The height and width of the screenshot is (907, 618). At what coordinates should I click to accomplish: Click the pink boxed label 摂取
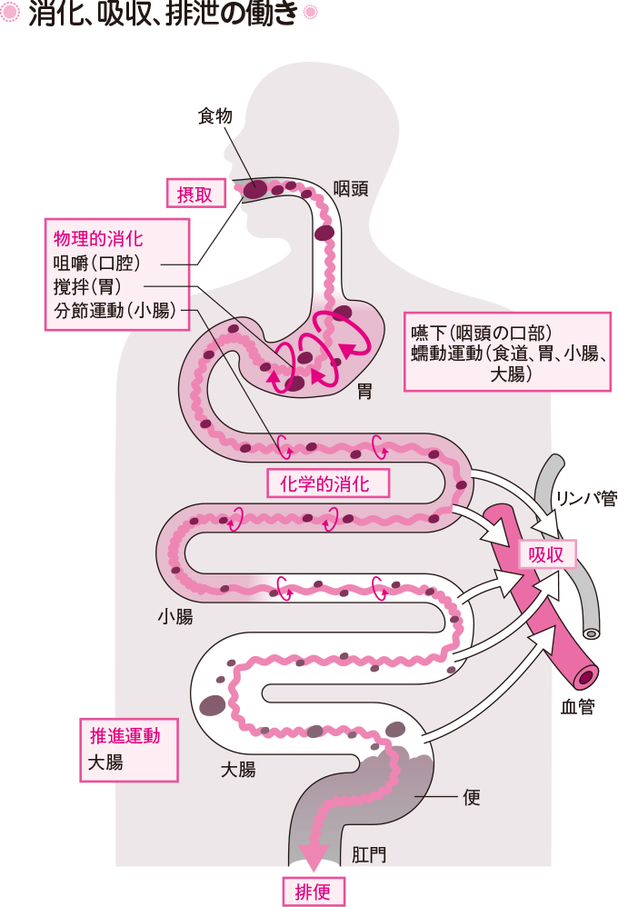(194, 193)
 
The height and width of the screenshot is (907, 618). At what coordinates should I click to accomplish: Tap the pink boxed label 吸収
(546, 554)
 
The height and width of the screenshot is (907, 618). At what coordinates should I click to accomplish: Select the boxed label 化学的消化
(328, 483)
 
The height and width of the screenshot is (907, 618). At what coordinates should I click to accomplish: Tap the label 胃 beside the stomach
(364, 392)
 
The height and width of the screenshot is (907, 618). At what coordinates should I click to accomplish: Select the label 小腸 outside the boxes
(174, 617)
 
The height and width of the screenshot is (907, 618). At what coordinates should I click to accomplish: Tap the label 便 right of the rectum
(471, 798)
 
